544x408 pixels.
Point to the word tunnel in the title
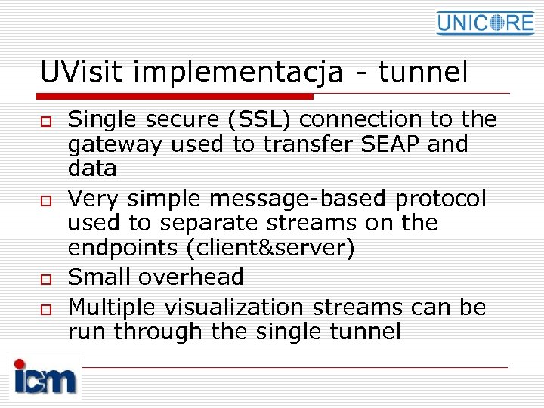pyautogui.click(x=423, y=73)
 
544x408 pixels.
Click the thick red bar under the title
pyautogui.click(x=175, y=96)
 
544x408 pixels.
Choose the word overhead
pyautogui.click(x=190, y=277)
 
